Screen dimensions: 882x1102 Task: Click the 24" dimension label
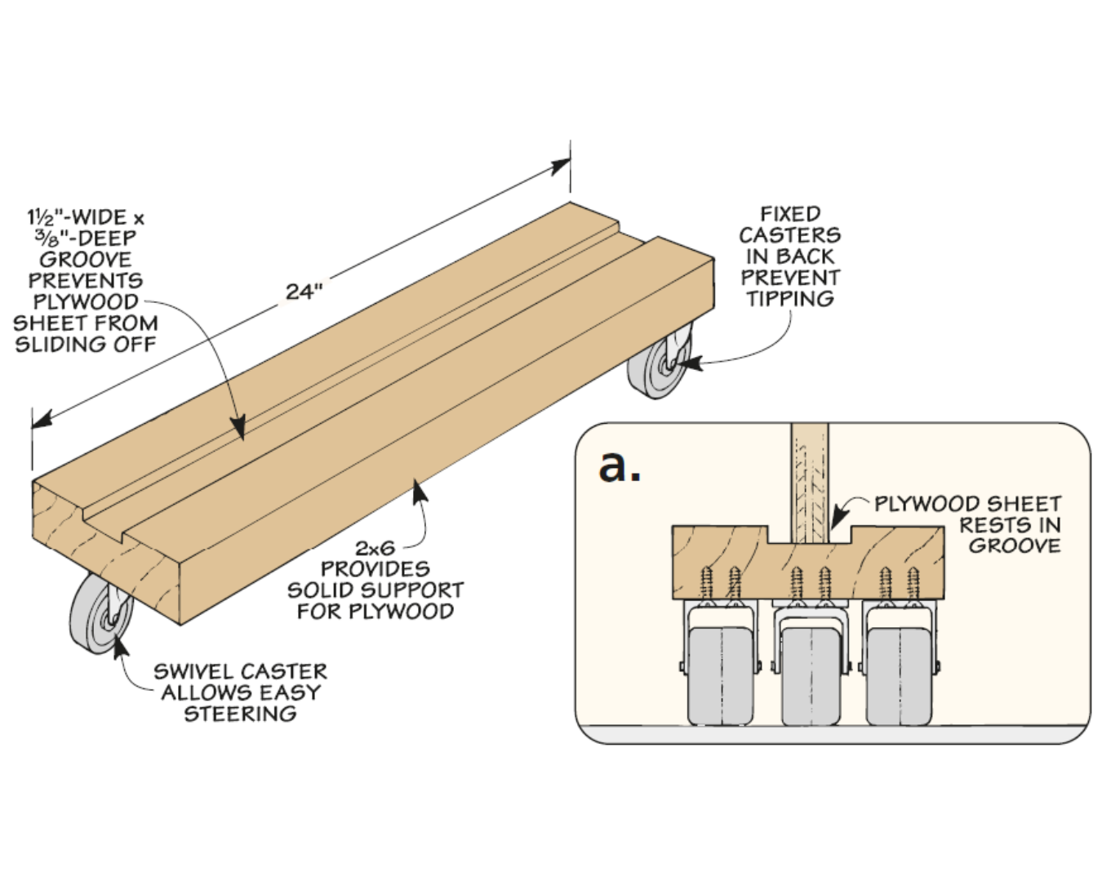coord(304,292)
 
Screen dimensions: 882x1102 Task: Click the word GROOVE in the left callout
coord(85,260)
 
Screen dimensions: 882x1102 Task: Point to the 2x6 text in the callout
coord(375,548)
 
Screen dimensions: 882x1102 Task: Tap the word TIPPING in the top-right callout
coord(789,299)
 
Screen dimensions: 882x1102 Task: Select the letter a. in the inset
coord(620,465)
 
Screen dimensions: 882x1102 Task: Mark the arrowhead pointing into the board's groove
coord(238,429)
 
